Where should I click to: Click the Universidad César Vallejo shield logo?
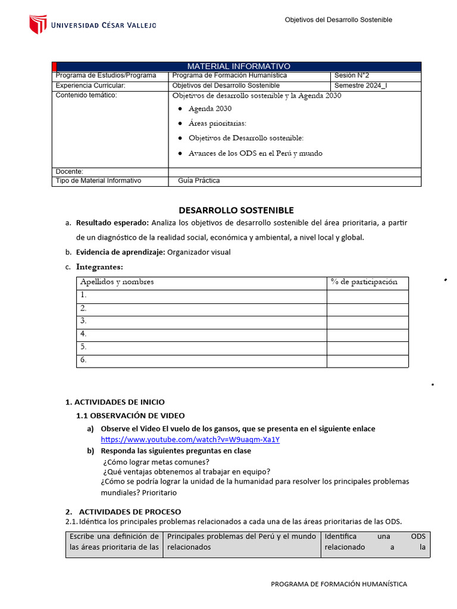coord(37,24)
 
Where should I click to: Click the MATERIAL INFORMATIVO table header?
coord(238,66)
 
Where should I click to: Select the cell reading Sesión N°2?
coord(352,76)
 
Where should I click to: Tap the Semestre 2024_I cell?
coord(360,86)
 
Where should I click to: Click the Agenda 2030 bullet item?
coord(209,109)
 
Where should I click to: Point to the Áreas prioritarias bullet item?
coord(217,123)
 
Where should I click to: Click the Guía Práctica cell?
coord(199,181)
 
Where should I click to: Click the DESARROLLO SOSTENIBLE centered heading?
coord(236,210)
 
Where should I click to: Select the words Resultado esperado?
coord(112,222)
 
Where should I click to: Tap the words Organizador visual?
coord(199,252)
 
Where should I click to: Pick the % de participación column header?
coord(364,282)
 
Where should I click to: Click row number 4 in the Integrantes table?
coord(84,334)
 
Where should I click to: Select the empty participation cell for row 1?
coord(367,296)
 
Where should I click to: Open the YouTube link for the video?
coord(190,440)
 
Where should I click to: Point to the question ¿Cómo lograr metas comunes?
coord(155,462)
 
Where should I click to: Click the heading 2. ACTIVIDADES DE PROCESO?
coord(130,511)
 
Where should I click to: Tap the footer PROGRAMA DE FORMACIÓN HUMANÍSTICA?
coord(339,584)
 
